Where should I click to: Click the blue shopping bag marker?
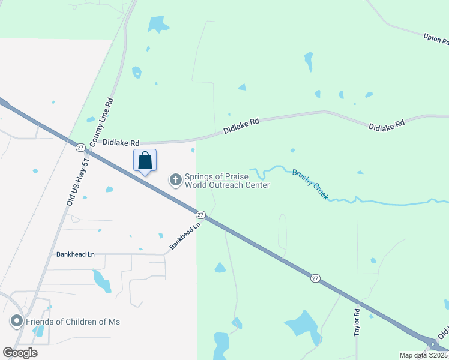click(145, 161)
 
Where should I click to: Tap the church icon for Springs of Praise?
click(176, 180)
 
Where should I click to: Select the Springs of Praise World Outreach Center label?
click(227, 181)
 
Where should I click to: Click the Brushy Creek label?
click(310, 184)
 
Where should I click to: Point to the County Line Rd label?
click(101, 123)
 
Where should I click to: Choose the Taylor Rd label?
click(357, 322)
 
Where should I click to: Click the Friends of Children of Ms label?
click(73, 322)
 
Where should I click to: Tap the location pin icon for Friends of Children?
click(16, 322)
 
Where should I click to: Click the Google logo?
click(20, 353)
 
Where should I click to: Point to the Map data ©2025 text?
click(423, 355)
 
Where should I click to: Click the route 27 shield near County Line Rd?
click(80, 147)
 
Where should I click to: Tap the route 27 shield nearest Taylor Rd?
click(315, 278)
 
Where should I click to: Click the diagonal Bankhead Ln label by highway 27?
click(184, 236)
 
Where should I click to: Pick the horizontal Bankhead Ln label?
click(75, 254)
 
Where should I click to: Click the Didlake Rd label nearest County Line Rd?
click(121, 143)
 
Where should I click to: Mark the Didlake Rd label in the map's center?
click(241, 125)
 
